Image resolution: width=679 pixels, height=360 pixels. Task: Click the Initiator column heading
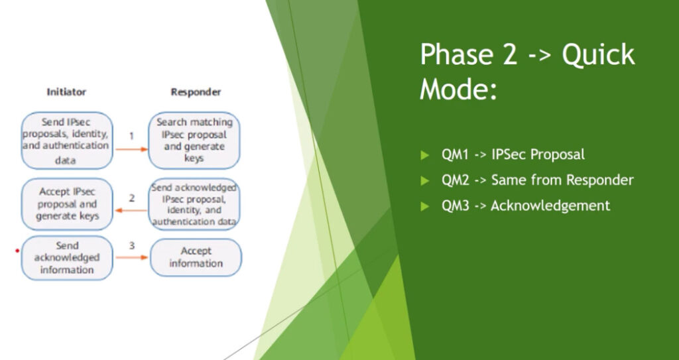(66, 92)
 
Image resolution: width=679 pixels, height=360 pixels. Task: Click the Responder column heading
(196, 92)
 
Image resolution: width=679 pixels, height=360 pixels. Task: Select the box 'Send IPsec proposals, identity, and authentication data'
(67, 141)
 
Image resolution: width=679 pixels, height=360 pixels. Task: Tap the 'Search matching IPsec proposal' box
(194, 141)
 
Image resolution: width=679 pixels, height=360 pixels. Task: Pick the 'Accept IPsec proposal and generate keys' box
(67, 204)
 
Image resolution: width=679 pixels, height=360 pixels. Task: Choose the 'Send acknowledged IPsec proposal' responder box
(194, 204)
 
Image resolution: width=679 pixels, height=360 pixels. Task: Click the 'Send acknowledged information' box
(67, 258)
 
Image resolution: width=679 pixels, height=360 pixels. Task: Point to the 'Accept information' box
(196, 257)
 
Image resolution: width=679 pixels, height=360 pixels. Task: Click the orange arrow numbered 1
(132, 149)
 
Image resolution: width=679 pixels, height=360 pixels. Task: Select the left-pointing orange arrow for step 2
(131, 211)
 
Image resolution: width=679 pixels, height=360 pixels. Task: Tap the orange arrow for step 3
(132, 258)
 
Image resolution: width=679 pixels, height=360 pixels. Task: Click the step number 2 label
(132, 198)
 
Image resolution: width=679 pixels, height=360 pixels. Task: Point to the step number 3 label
(132, 245)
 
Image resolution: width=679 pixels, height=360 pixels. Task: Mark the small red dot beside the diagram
(17, 251)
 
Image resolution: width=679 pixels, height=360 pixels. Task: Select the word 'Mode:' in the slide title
(458, 89)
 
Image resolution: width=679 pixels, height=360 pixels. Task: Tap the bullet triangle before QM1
(424, 154)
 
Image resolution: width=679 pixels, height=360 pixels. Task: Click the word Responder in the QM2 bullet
(599, 180)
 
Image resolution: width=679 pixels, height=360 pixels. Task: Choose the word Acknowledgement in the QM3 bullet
(550, 206)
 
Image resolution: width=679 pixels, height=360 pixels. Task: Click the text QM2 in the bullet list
(455, 180)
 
